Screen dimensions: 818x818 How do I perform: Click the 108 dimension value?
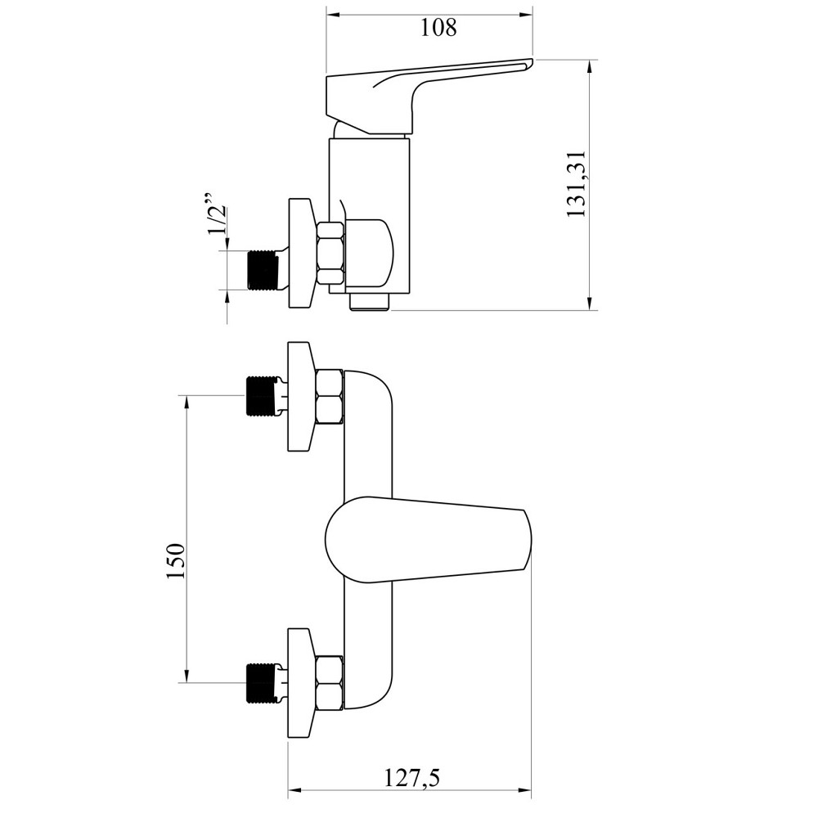(438, 27)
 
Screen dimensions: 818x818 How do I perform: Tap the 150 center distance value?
(175, 561)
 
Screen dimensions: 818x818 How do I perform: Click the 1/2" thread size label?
(217, 215)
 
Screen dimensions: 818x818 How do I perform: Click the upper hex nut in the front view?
(330, 397)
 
